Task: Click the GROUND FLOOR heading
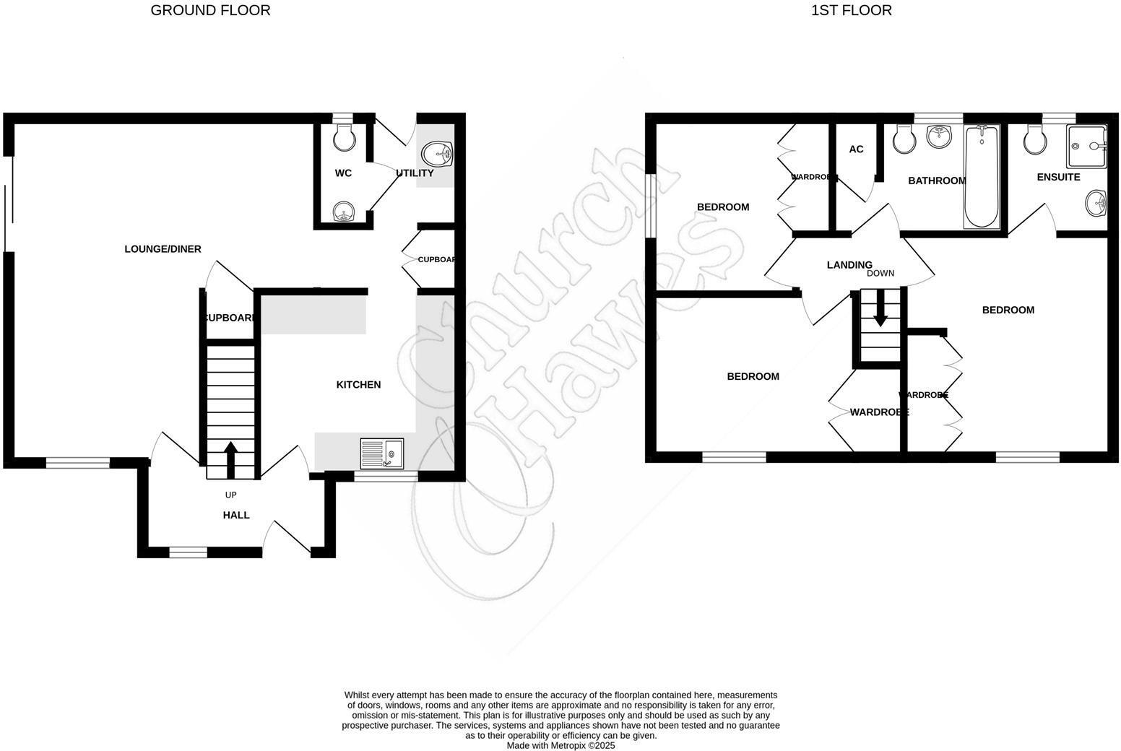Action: [210, 10]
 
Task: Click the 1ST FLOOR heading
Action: [851, 10]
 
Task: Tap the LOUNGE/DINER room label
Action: [163, 249]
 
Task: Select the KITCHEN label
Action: [358, 385]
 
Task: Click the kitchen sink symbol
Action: [381, 453]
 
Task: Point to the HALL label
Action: [236, 515]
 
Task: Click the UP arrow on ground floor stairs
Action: [230, 459]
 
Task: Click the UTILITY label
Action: [415, 173]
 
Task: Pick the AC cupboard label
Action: [856, 149]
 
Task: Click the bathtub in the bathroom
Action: [982, 177]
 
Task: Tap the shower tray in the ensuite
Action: [1086, 147]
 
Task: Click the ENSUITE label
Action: [1058, 177]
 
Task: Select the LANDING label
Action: [849, 265]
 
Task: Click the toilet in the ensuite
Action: [1034, 139]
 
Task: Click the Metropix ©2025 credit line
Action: [560, 745]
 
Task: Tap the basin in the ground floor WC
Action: [345, 212]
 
